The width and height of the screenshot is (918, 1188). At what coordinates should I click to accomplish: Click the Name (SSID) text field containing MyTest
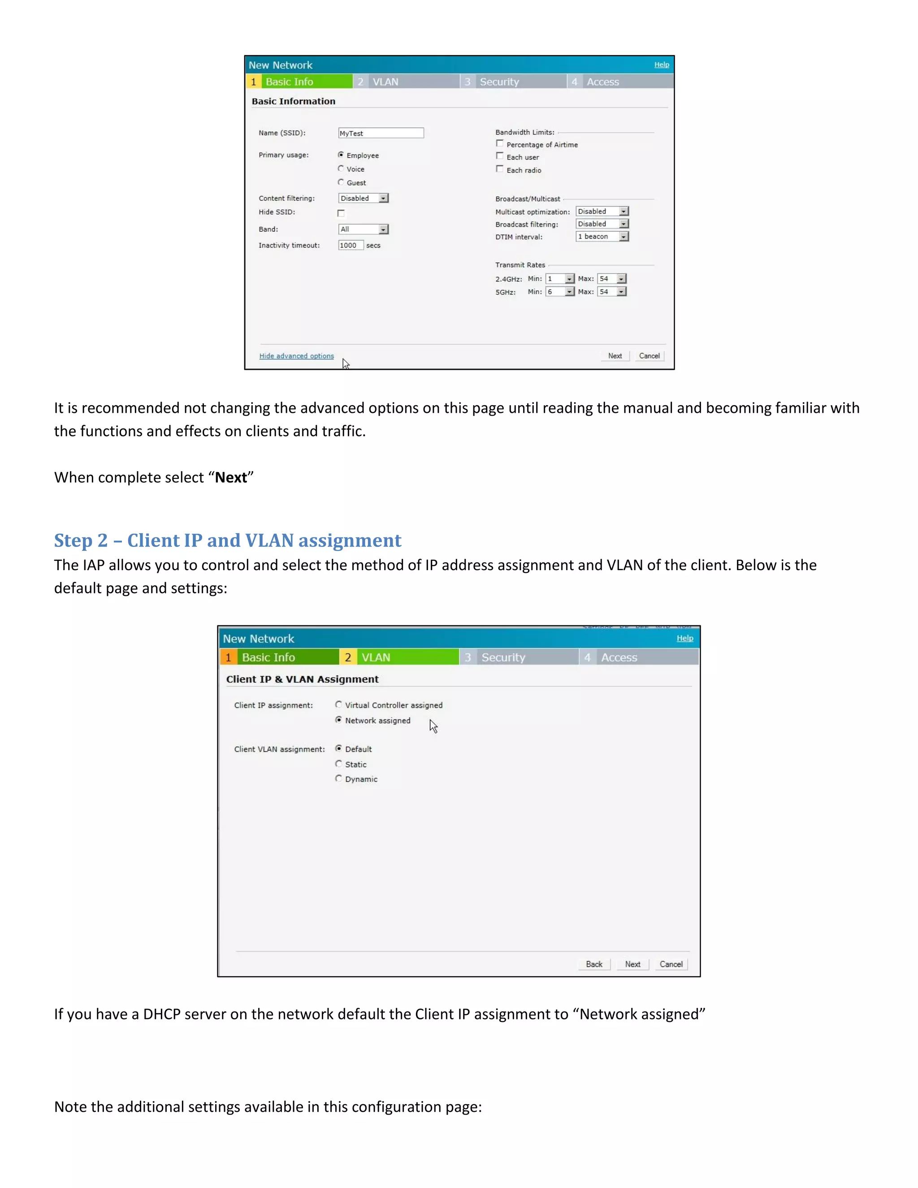point(381,133)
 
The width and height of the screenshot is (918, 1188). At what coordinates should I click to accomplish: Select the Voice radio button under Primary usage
point(341,169)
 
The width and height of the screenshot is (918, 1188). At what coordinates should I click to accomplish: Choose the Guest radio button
point(341,182)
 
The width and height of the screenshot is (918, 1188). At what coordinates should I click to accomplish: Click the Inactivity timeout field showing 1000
point(350,245)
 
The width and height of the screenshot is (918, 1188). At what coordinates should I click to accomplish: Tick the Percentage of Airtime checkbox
point(500,143)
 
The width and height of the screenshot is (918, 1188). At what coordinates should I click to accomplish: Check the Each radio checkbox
point(500,169)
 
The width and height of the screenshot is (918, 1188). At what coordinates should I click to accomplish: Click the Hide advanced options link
point(296,356)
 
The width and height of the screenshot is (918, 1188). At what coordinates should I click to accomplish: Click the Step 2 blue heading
point(227,540)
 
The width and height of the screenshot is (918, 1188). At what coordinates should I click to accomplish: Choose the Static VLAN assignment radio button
point(339,764)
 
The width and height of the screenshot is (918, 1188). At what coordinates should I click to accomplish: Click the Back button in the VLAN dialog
point(594,964)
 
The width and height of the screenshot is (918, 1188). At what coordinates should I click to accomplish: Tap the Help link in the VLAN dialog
point(685,638)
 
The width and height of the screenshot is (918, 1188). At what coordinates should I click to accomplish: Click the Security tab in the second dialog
point(503,657)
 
